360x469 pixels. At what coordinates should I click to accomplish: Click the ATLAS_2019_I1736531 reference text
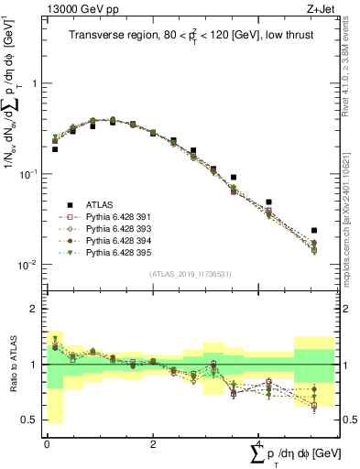(190, 274)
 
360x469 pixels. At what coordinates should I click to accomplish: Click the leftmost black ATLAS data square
(55, 148)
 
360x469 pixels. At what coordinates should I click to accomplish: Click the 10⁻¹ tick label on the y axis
(27, 174)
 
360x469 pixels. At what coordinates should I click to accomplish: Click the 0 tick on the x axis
(47, 442)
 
